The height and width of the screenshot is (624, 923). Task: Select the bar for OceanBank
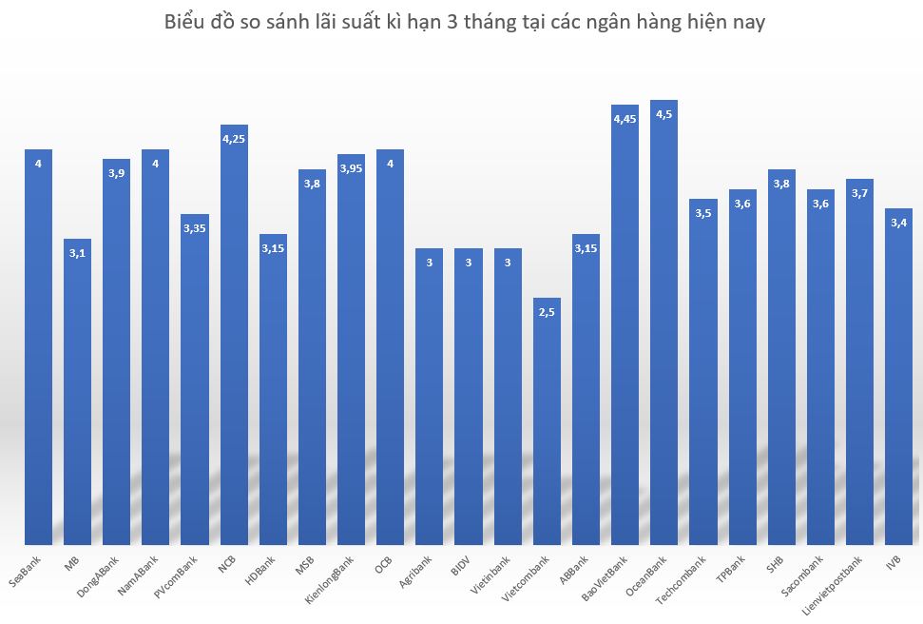tap(663, 323)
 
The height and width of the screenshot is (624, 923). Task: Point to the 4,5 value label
tap(663, 114)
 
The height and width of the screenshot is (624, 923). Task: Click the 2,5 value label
tap(547, 312)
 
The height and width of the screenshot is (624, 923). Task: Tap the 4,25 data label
tap(234, 139)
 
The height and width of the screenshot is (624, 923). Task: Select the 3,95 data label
tap(351, 168)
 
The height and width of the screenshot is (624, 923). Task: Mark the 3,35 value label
tap(195, 228)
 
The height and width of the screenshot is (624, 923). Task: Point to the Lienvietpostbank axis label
tap(846, 582)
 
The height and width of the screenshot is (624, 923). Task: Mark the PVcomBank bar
tap(195, 380)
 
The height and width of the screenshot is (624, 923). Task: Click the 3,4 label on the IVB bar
tap(897, 223)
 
